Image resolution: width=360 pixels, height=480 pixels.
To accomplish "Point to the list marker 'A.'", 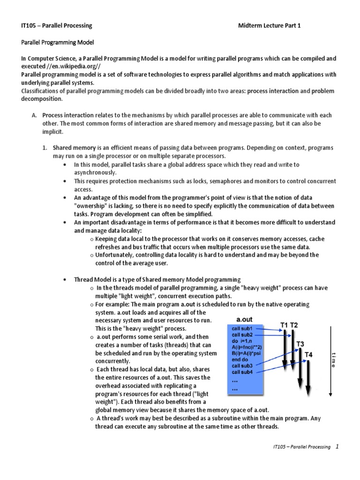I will click(35, 115).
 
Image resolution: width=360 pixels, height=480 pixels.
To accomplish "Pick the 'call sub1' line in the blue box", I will click(242, 329).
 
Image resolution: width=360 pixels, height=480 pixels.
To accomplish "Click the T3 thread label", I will click(300, 344).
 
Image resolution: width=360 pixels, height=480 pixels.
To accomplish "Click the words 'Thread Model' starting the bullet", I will click(92, 279).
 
